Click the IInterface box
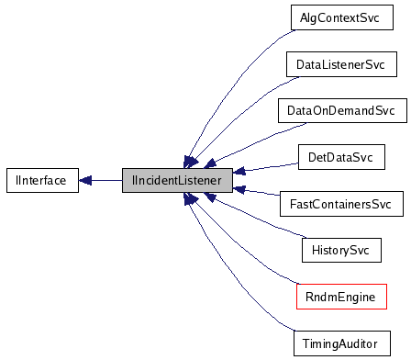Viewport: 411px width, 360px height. pyautogui.click(x=36, y=180)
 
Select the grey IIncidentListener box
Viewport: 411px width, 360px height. pyautogui.click(x=176, y=180)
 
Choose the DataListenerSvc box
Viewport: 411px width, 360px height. pyautogui.click(x=340, y=65)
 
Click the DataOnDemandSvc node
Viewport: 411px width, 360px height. pyautogui.click(x=340, y=111)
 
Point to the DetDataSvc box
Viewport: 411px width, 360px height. pyautogui.click(x=340, y=157)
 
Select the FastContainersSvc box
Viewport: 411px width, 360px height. pyautogui.click(x=340, y=203)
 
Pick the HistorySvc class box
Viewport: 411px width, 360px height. pyautogui.click(x=340, y=249)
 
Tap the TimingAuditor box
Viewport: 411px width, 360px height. pyautogui.click(x=340, y=343)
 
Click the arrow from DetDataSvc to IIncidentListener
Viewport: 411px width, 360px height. pyautogui.click(x=266, y=167)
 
